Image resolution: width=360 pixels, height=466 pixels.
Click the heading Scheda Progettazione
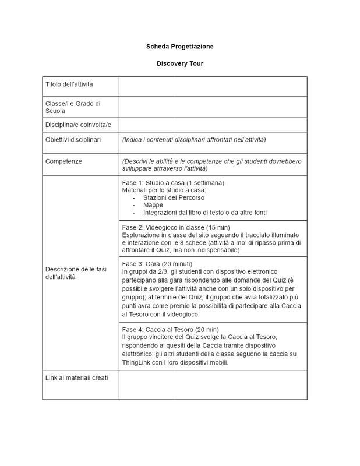click(179, 46)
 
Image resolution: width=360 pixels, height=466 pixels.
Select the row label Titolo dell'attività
click(69, 85)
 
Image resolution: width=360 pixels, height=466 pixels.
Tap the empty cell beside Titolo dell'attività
click(213, 86)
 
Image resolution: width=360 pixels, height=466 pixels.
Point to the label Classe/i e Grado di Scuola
click(73, 107)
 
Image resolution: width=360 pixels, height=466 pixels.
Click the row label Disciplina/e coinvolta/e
click(78, 125)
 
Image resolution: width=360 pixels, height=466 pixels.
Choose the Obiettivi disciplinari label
click(73, 140)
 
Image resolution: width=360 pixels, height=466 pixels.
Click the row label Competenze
click(64, 160)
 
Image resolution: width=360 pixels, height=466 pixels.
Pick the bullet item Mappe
click(153, 206)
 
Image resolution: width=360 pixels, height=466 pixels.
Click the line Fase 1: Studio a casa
click(173, 183)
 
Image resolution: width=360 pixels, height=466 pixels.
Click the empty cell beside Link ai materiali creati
click(213, 384)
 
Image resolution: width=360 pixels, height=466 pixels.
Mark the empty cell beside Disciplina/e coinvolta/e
click(213, 125)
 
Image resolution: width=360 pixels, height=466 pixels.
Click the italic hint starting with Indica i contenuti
click(193, 140)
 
